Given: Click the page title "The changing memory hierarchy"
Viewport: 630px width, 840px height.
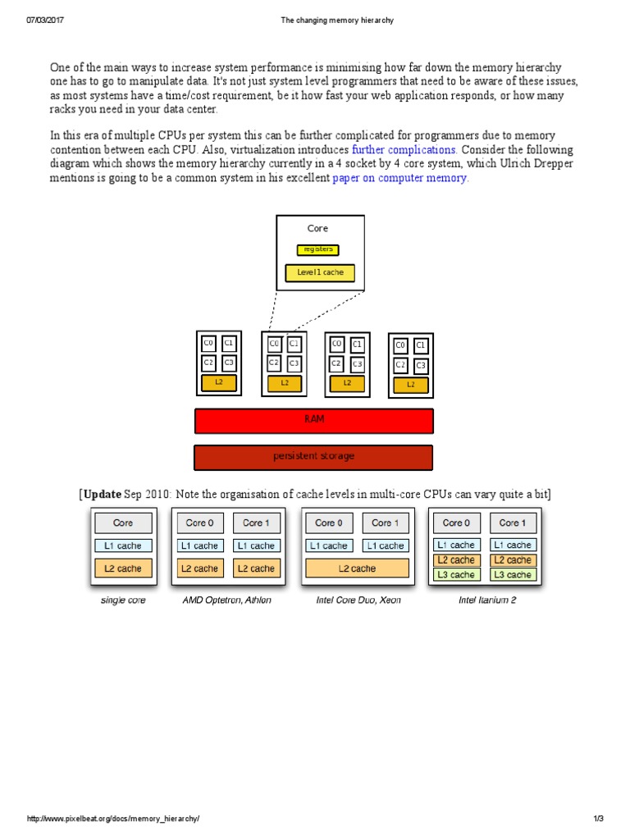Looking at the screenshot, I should pyautogui.click(x=314, y=20).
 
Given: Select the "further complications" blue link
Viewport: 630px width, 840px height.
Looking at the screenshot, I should pyautogui.click(x=404, y=150).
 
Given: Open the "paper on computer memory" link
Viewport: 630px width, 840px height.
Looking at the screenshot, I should pyautogui.click(x=400, y=178).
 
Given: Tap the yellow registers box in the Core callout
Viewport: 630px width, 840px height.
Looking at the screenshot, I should pyautogui.click(x=317, y=249).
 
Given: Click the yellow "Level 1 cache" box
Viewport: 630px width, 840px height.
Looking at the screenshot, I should pyautogui.click(x=320, y=272).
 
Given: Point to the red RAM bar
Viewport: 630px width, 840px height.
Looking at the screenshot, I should pyautogui.click(x=313, y=420).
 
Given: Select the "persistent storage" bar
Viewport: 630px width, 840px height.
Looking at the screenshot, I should pyautogui.click(x=313, y=457).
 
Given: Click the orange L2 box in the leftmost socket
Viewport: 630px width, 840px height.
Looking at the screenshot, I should pyautogui.click(x=219, y=382).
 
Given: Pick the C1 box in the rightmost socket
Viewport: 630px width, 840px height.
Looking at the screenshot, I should pyautogui.click(x=421, y=345).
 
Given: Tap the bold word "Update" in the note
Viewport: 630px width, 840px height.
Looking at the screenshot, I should pyautogui.click(x=102, y=494).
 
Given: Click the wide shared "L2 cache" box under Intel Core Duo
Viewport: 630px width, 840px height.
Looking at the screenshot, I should pyautogui.click(x=357, y=568).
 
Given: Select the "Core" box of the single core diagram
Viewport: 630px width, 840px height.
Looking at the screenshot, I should pyautogui.click(x=123, y=523).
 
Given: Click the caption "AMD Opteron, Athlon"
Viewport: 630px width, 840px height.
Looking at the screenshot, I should pyautogui.click(x=226, y=600).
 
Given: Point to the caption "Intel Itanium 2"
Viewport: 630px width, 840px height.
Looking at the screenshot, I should pyautogui.click(x=487, y=600).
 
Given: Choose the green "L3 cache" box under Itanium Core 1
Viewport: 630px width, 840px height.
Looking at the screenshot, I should pyautogui.click(x=513, y=574).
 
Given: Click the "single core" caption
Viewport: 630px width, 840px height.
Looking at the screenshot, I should pyautogui.click(x=122, y=600).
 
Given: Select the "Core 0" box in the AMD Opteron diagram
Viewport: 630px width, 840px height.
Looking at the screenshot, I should pyautogui.click(x=200, y=523).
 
